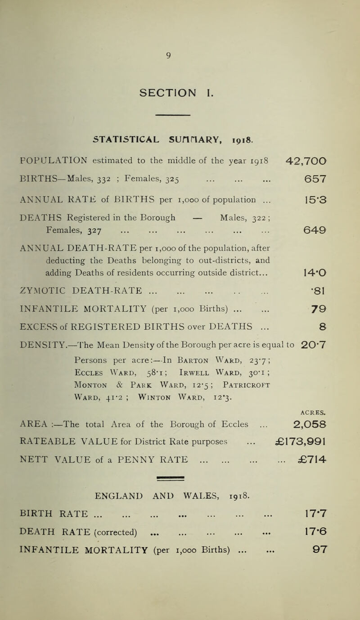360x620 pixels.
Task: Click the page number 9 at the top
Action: point(180,56)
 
